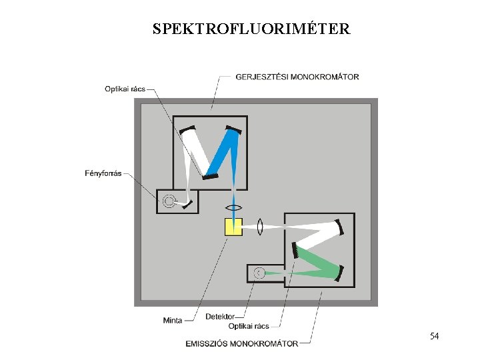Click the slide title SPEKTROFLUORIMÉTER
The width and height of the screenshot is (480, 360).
tap(251, 29)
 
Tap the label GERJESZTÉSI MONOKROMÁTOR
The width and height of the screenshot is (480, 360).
tap(297, 77)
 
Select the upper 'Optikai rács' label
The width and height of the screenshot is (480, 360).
tap(125, 89)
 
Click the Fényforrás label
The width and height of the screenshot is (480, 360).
tap(103, 173)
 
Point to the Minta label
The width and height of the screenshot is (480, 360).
tap(173, 321)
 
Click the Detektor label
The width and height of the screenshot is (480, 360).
tap(220, 316)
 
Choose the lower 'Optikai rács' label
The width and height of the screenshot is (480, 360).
tap(249, 326)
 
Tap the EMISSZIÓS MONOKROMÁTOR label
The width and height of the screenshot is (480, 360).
tap(241, 343)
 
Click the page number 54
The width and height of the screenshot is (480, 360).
tap(434, 336)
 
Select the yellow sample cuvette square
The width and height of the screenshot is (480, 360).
tap(233, 227)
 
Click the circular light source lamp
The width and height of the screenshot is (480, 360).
tap(170, 200)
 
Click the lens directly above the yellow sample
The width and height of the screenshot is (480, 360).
tap(233, 207)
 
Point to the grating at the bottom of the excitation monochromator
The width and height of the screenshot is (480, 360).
tap(210, 177)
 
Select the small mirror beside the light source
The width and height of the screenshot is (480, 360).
tap(189, 203)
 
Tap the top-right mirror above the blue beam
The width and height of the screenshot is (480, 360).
tap(233, 128)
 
